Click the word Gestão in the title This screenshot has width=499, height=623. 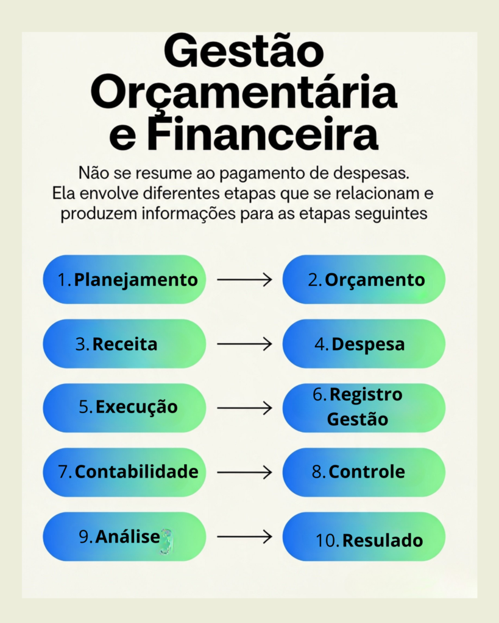244,52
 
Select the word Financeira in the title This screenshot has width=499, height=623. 263,134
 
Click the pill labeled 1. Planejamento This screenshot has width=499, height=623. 124,280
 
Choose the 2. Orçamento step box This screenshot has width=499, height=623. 364,280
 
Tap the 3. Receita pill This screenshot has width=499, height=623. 124,344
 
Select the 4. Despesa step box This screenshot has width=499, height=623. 364,344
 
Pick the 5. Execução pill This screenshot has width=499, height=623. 124,408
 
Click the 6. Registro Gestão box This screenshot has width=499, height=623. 364,408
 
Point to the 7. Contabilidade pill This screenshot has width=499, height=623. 124,472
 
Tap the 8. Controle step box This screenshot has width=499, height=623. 364,472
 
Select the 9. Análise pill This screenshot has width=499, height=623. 124,537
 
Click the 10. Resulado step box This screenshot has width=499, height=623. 364,537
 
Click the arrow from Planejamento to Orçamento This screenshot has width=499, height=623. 244,280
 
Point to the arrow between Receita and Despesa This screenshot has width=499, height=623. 244,344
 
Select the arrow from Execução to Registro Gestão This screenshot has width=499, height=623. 244,408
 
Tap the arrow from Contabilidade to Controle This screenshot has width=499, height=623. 244,472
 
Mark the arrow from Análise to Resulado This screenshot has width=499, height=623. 244,537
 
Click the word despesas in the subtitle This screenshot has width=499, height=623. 371,173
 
